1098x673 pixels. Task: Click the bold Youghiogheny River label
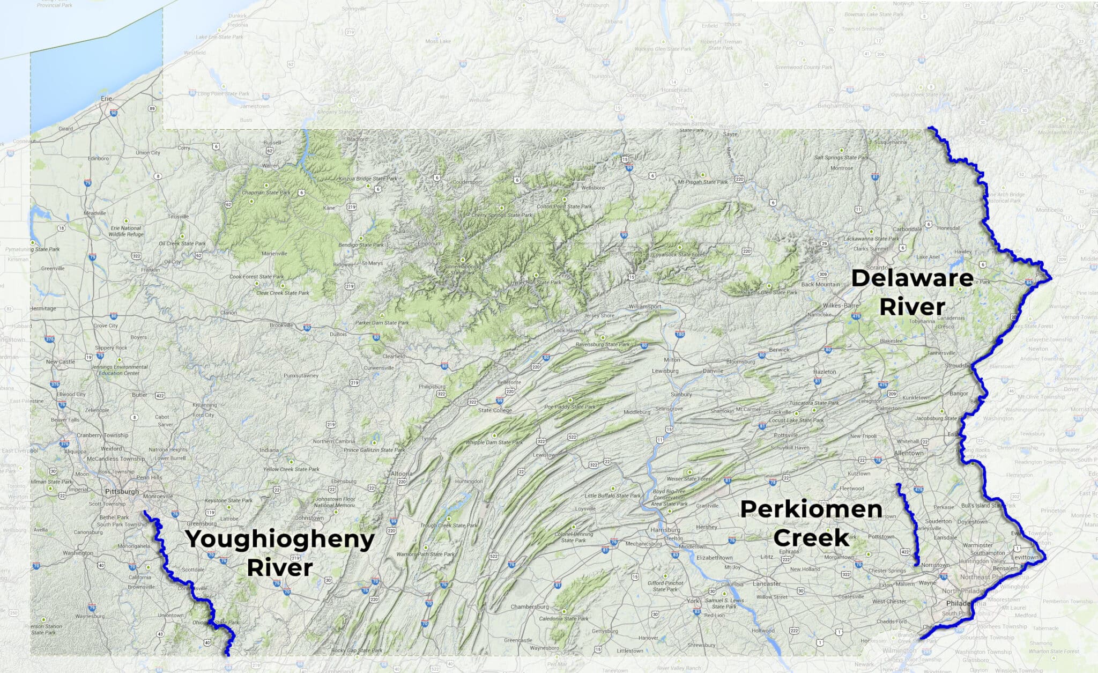[279, 553]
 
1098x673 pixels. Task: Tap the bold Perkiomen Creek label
[811, 523]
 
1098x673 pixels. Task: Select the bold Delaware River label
[912, 292]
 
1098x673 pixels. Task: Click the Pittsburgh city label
[122, 491]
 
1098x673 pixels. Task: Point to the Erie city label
[106, 99]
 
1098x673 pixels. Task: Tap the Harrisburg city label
[665, 530]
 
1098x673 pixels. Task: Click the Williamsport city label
[645, 307]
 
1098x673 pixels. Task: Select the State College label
[495, 410]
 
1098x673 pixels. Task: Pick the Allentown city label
[909, 453]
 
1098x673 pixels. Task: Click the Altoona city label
[401, 474]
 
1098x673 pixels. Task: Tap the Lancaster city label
[767, 583]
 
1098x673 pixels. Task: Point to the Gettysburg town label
[605, 631]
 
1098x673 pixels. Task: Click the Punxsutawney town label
[301, 375]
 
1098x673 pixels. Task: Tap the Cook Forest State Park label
[256, 277]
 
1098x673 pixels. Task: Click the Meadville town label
[95, 213]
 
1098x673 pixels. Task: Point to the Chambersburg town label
[529, 607]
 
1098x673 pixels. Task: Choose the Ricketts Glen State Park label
[769, 292]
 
